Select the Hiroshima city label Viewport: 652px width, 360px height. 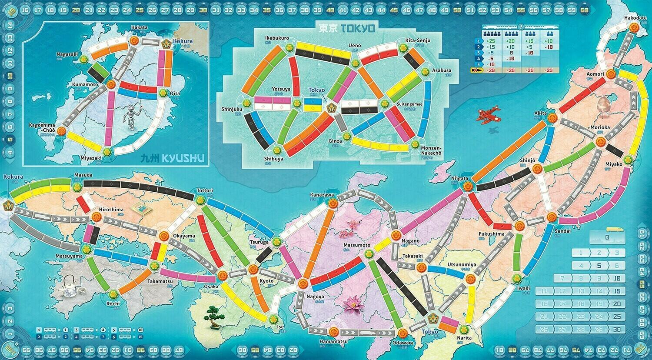tap(111, 210)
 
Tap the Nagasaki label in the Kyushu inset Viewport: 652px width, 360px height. tap(67, 54)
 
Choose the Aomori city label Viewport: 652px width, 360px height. tap(595, 74)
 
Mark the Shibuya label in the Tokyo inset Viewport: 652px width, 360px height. tap(274, 159)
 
